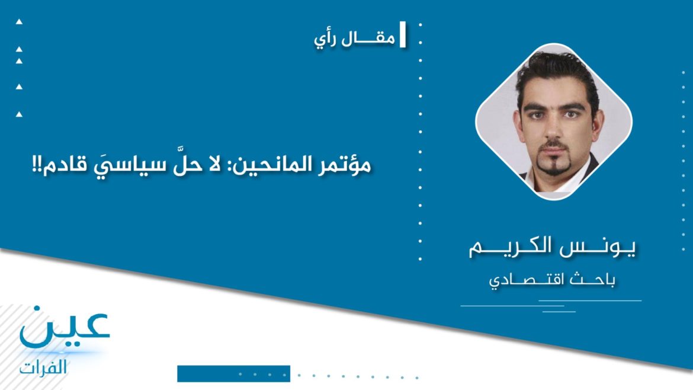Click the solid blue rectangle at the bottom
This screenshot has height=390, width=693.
(x=233, y=373)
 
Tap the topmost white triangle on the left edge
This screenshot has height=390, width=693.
(x=19, y=22)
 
